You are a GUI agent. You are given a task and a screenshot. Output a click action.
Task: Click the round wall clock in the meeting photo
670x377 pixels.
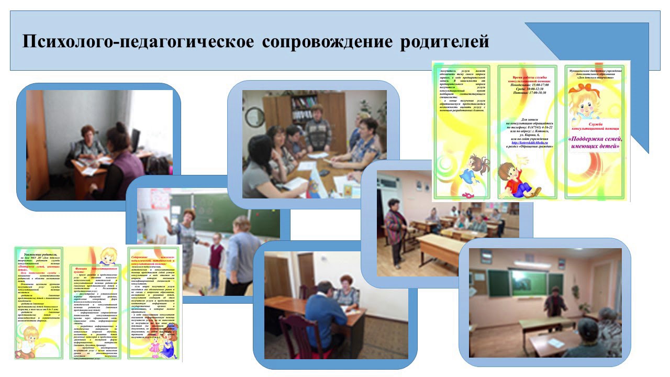click(x=255, y=117)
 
